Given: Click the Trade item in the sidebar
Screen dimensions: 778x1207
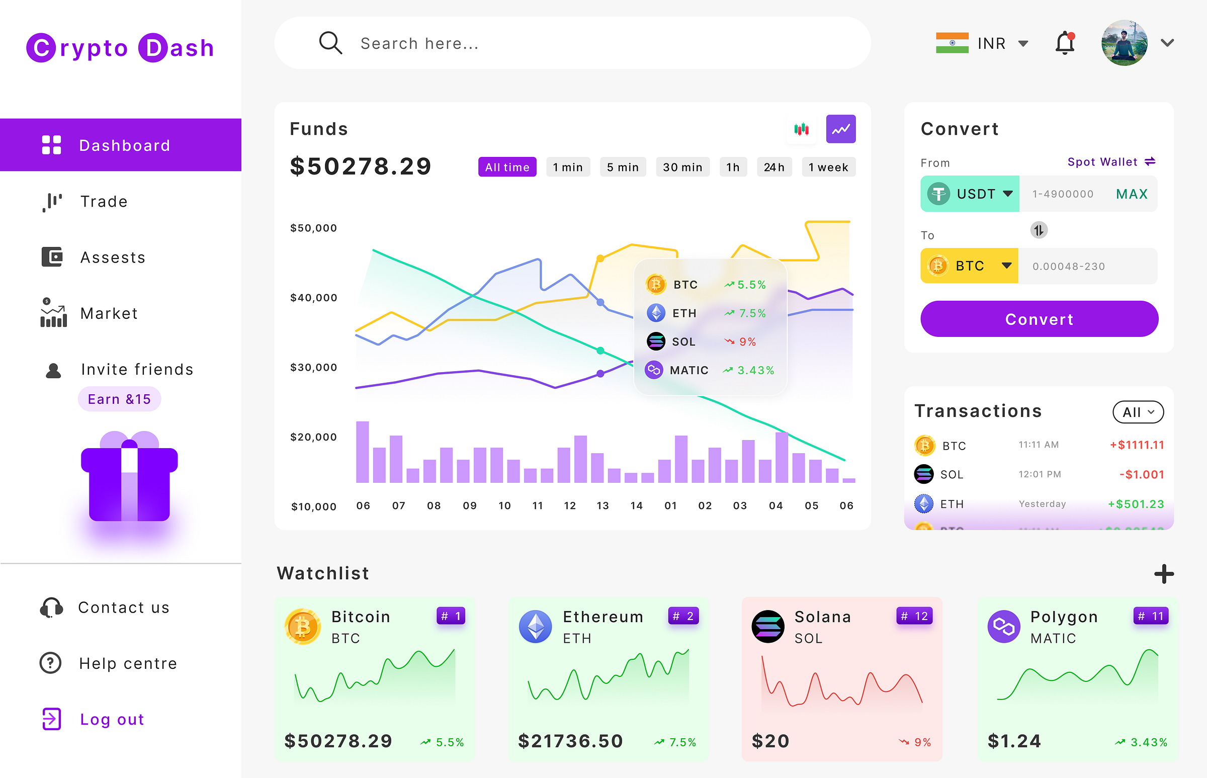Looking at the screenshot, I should (x=104, y=202).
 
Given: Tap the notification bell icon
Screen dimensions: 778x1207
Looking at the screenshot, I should (x=1065, y=43).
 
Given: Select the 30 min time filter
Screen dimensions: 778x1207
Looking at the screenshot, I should (x=682, y=167).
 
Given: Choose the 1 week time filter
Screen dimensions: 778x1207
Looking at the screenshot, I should (x=828, y=167).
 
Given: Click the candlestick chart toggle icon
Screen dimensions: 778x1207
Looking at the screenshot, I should (x=801, y=129).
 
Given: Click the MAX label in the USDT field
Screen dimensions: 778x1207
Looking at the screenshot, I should (x=1132, y=194).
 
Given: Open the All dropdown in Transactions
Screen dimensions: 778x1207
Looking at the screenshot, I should (x=1138, y=412).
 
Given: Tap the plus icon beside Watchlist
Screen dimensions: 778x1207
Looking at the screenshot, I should (x=1164, y=574).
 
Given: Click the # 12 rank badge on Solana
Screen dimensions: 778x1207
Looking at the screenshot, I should (x=914, y=616).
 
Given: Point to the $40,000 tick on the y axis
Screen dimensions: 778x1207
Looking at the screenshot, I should (x=313, y=298).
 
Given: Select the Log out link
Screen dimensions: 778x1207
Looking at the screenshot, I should (x=112, y=719).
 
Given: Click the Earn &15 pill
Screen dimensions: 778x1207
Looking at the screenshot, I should (x=119, y=399).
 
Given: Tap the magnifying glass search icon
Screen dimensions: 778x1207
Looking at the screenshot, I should (x=330, y=43).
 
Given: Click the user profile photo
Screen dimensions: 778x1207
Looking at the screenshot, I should (x=1124, y=43).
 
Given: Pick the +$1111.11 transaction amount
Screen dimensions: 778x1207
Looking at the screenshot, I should (x=1137, y=445).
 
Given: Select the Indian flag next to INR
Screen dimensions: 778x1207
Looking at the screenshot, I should (x=952, y=43).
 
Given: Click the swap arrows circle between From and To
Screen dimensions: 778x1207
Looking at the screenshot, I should (x=1039, y=230).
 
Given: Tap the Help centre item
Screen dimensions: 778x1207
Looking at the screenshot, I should (x=128, y=663).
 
